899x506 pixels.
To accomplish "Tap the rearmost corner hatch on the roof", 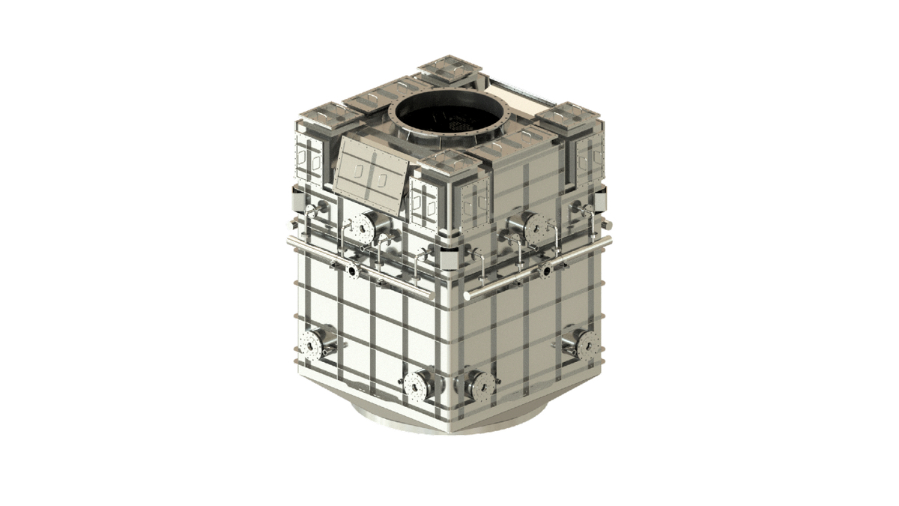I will point(449,69).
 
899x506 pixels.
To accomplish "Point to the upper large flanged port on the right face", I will point(533,228).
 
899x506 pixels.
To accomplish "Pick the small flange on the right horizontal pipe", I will point(546,271).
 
